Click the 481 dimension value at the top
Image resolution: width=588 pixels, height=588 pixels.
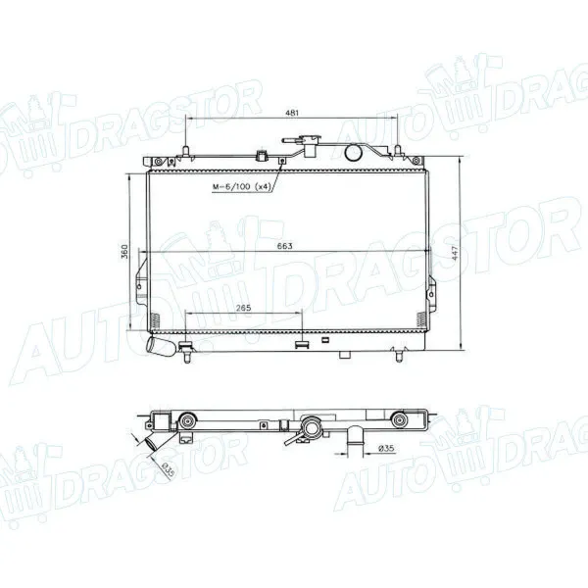pos(292,114)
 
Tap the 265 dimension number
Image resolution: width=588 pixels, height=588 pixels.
pos(244,309)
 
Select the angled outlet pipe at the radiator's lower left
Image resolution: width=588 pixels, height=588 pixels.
pos(157,348)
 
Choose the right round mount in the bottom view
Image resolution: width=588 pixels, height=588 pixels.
pos(400,422)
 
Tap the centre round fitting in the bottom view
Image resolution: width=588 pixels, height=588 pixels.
pos(311,427)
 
